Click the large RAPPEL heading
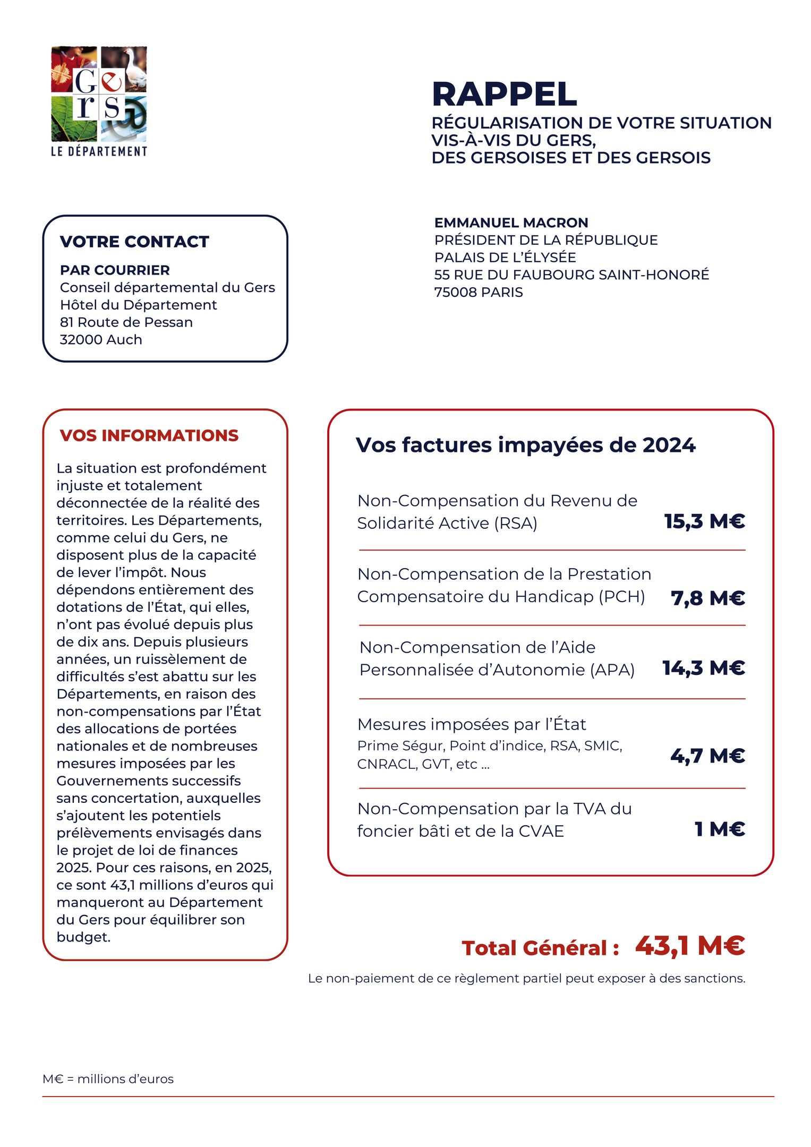click(x=504, y=95)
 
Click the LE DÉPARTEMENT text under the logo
click(x=99, y=151)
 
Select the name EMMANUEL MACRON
click(x=511, y=222)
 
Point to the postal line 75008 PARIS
click(x=478, y=292)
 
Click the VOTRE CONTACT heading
click(x=134, y=242)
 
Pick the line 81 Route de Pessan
click(x=126, y=322)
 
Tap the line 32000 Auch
click(x=101, y=340)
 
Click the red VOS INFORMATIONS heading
click(x=149, y=435)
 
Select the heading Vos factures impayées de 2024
click(x=525, y=445)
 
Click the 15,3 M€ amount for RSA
click(x=704, y=521)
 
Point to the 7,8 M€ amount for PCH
click(x=707, y=598)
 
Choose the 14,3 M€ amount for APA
click(x=703, y=668)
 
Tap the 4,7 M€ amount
click(x=707, y=756)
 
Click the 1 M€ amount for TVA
click(x=720, y=829)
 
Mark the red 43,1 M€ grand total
click(x=690, y=946)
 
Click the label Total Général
click(x=540, y=948)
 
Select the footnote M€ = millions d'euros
click(x=108, y=1079)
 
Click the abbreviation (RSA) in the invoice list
click(x=516, y=524)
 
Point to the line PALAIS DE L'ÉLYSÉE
click(x=505, y=258)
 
